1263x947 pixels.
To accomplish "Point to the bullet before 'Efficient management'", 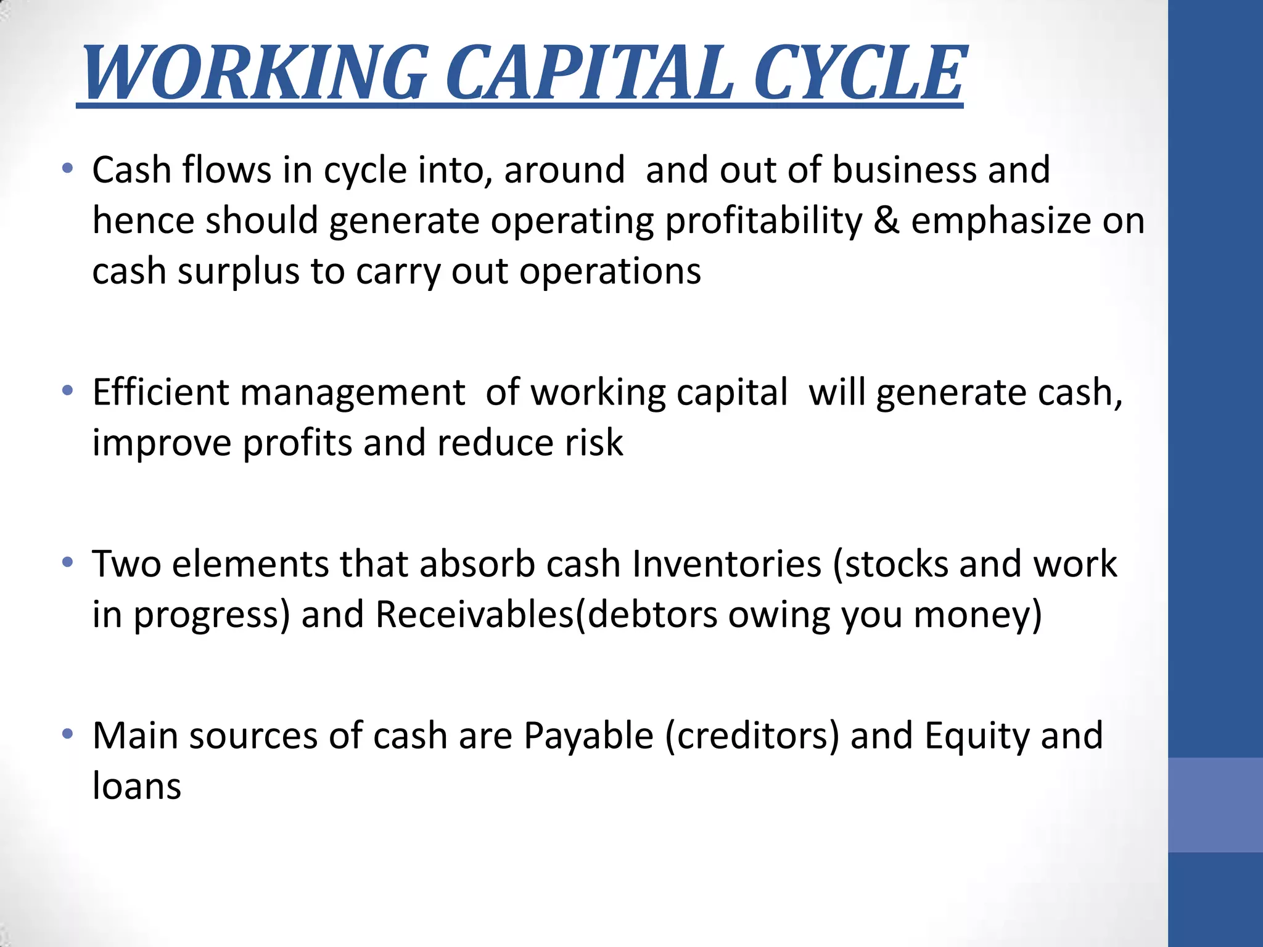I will click(x=68, y=390).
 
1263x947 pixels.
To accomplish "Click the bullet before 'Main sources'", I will click(x=68, y=734).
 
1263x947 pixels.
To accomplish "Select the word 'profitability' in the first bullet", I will click(x=763, y=221).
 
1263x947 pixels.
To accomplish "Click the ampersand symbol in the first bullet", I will click(x=886, y=221).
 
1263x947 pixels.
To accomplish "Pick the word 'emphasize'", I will click(x=1001, y=221).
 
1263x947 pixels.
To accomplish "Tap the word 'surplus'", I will click(x=238, y=271).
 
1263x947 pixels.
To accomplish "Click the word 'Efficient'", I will click(x=160, y=392).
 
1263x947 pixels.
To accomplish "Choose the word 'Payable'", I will click(x=588, y=736).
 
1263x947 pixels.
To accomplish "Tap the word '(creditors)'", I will click(x=752, y=736).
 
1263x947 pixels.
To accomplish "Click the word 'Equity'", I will click(x=977, y=736).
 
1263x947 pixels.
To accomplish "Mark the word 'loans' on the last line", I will click(x=137, y=787).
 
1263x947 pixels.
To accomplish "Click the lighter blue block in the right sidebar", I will click(x=1215, y=805).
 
